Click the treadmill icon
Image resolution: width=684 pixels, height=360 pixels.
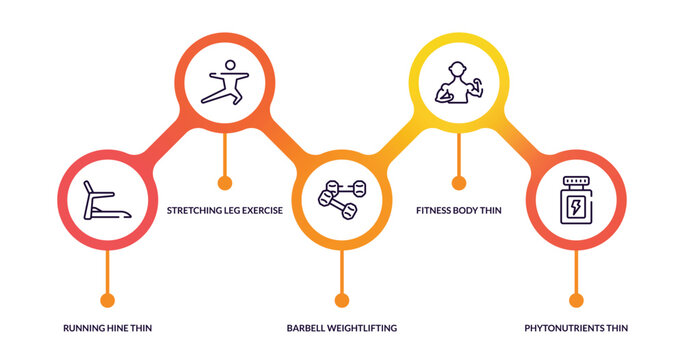point(105,200)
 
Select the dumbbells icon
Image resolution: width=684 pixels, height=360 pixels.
point(342,198)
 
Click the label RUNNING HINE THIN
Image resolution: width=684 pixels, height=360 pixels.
point(108,328)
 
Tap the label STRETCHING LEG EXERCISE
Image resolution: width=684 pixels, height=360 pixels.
point(224,211)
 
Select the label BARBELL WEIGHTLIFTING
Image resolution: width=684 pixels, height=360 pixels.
point(342,328)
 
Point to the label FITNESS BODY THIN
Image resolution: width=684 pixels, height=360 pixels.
point(458,211)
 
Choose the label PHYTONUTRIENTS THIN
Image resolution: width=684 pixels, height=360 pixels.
point(576,328)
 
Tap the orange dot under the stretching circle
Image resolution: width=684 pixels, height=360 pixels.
point(225,183)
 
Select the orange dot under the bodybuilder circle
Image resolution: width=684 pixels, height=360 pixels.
point(459,183)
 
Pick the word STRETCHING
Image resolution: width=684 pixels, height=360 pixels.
point(190,211)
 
